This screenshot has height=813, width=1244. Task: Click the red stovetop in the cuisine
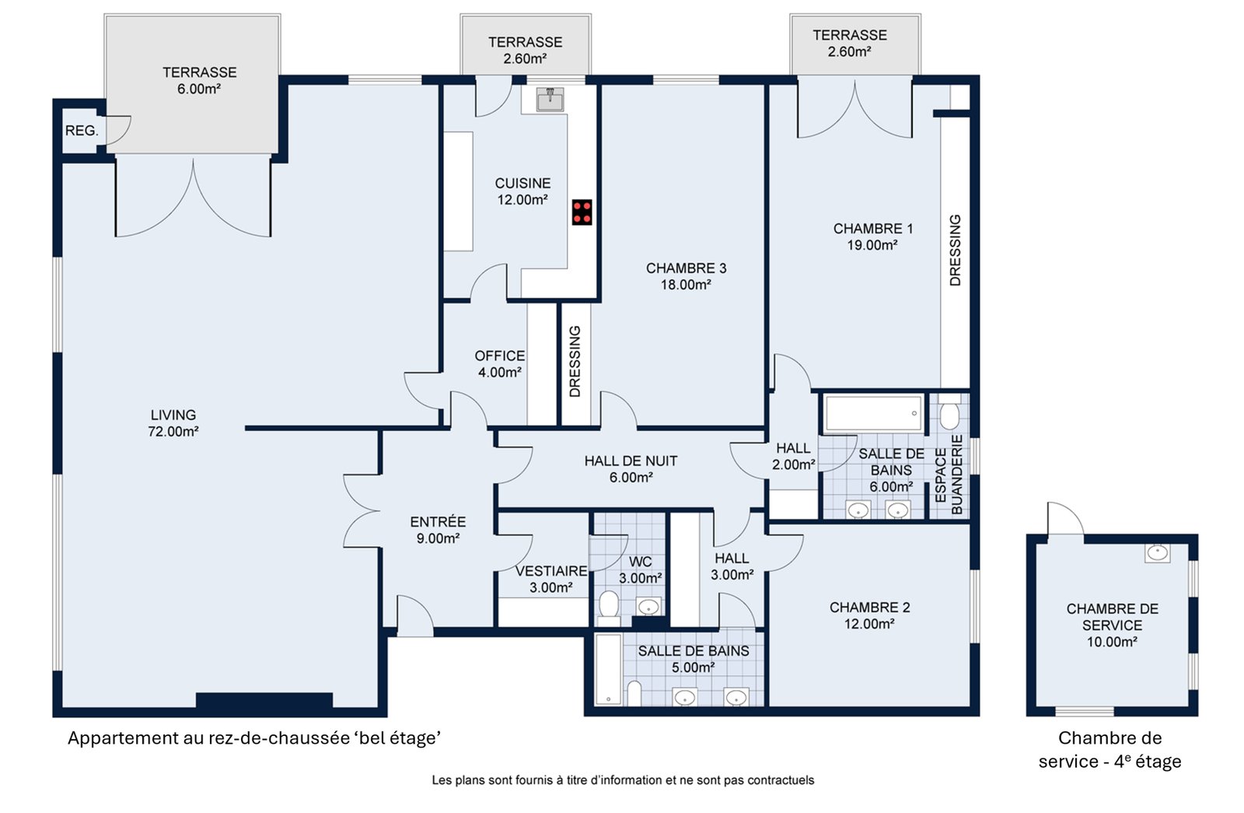(582, 212)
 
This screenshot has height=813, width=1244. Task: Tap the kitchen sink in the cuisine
(550, 100)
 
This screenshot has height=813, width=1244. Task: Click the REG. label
(82, 131)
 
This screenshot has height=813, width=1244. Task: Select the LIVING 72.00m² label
(173, 423)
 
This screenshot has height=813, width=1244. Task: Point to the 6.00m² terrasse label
(199, 81)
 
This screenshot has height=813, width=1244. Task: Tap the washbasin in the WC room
(648, 606)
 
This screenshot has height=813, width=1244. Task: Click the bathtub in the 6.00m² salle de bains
(873, 413)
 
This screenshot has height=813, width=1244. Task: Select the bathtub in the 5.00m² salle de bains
(608, 670)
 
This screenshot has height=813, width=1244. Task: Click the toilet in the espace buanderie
(949, 412)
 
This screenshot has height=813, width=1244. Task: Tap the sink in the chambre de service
(1158, 553)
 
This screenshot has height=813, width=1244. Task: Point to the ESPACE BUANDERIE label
(949, 475)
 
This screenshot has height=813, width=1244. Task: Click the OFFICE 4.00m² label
(500, 364)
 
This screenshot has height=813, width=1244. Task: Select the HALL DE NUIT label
(631, 461)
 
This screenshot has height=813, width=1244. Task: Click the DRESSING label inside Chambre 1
(955, 250)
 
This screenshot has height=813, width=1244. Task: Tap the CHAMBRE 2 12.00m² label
(870, 615)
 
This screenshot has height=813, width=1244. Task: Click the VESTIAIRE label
(551, 571)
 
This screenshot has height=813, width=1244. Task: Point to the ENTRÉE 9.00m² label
(438, 530)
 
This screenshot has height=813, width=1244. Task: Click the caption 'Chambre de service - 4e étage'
(1109, 750)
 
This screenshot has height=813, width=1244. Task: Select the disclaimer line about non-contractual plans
(623, 780)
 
